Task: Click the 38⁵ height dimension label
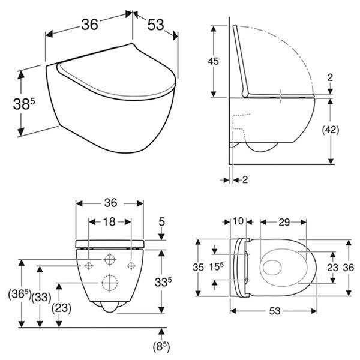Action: point(24,104)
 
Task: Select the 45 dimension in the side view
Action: point(213,61)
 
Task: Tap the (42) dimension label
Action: point(331,130)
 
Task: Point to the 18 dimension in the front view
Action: point(109,222)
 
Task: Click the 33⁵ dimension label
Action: point(163,282)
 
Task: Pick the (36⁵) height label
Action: point(20,294)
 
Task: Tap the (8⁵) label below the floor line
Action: point(161,347)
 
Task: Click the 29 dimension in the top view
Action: point(284,222)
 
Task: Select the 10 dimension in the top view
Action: point(238,221)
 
